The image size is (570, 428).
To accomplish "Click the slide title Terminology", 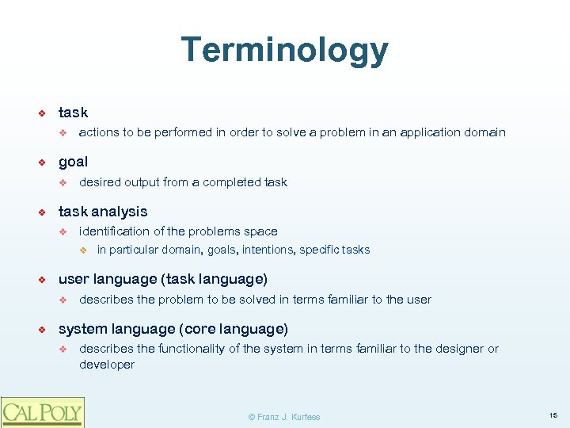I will pyautogui.click(x=284, y=50).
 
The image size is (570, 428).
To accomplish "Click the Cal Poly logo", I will pyautogui.click(x=43, y=412).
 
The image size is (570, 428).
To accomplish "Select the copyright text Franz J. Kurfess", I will pyautogui.click(x=284, y=417).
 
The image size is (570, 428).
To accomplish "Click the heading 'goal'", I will pyautogui.click(x=73, y=162).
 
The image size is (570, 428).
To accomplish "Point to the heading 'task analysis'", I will pyautogui.click(x=103, y=212).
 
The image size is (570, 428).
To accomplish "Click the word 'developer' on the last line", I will pyautogui.click(x=107, y=365).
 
